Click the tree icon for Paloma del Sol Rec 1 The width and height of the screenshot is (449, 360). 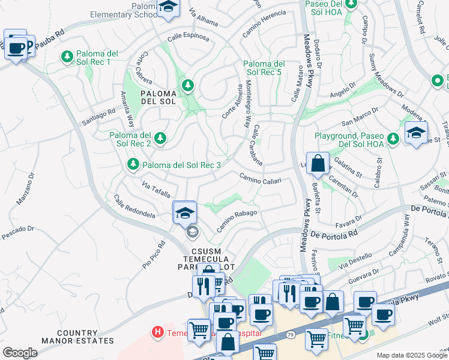67,57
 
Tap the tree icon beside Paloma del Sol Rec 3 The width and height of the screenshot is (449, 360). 133,164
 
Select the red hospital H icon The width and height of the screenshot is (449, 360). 157,331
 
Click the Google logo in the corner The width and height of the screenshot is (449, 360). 20,352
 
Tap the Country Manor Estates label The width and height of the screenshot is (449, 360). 77,337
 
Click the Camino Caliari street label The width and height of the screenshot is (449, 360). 260,178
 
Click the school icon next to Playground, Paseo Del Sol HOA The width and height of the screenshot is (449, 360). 416,133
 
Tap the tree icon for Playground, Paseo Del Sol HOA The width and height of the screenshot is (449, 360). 393,139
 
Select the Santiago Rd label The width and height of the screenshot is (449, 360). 98,117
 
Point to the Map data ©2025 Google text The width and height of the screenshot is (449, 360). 411,355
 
